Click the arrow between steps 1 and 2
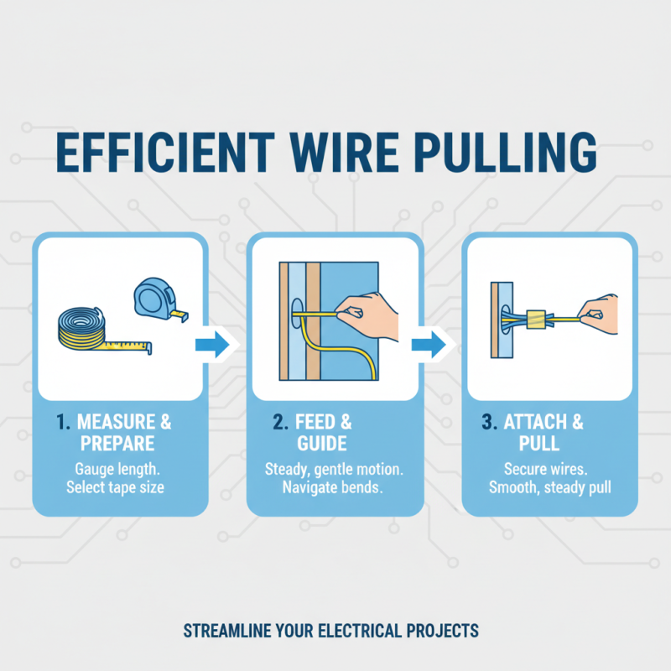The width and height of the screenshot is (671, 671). [x=217, y=343]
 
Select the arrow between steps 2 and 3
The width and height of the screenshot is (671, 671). [x=432, y=343]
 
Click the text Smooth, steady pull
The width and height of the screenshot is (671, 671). [x=550, y=487]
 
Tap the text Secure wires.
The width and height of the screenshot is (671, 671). [x=550, y=467]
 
